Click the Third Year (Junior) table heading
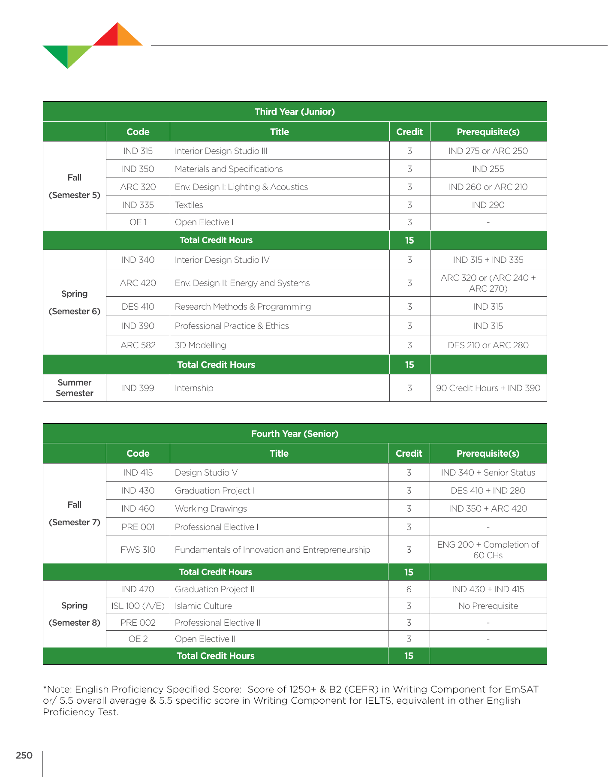[x=295, y=112]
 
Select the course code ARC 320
[x=138, y=187]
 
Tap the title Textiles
[x=189, y=205]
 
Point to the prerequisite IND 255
[x=488, y=169]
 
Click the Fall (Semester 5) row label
[x=75, y=186]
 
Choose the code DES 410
[x=138, y=307]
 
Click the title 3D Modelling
[x=200, y=345]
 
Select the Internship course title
[x=194, y=388]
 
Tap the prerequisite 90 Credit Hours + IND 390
[x=488, y=388]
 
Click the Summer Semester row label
[x=75, y=388]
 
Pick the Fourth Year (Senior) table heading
[x=295, y=434]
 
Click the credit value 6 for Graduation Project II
[x=409, y=589]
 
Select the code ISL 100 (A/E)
[x=138, y=606]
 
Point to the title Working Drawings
[x=211, y=509]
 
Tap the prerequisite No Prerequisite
[x=488, y=606]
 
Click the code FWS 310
[x=138, y=550]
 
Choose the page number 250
[x=24, y=755]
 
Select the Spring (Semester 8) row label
[x=75, y=614]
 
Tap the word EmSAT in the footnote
[x=521, y=689]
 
